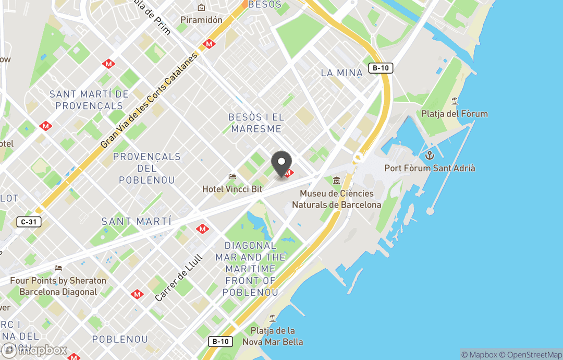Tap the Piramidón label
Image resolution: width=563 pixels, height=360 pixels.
(201, 20)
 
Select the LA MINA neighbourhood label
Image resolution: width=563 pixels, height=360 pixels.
(341, 73)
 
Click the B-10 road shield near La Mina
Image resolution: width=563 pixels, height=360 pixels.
(380, 68)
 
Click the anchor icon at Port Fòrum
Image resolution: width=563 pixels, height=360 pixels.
(430, 155)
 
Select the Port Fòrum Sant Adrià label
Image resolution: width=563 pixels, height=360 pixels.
(430, 168)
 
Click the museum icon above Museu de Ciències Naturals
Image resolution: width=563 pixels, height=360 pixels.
(336, 181)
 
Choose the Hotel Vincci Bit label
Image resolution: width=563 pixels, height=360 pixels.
(232, 189)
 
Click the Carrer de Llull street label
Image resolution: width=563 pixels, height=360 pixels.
(178, 282)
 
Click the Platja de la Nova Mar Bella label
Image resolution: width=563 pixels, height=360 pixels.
(273, 336)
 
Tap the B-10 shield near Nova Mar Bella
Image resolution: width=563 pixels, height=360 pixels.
(220, 341)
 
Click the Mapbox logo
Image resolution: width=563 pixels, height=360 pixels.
(35, 350)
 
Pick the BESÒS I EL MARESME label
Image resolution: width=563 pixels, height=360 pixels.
(256, 123)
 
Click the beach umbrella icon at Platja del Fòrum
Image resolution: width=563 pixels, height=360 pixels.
(455, 101)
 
